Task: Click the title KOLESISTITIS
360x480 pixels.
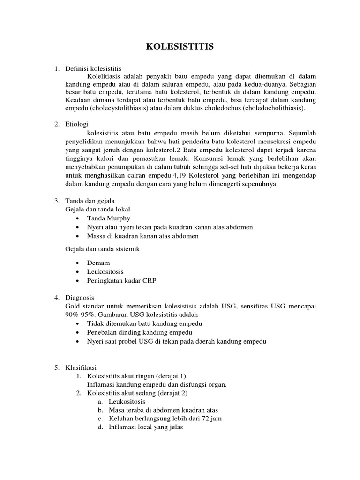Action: (x=180, y=46)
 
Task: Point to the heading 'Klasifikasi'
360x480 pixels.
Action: (x=80, y=367)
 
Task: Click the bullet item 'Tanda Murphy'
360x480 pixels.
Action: (x=109, y=218)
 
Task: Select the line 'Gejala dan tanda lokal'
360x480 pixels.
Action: (x=97, y=209)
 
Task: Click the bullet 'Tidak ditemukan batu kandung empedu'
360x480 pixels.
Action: (x=144, y=323)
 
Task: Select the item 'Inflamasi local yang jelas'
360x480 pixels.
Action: (x=146, y=427)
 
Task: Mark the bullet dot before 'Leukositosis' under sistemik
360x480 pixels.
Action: (x=77, y=271)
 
